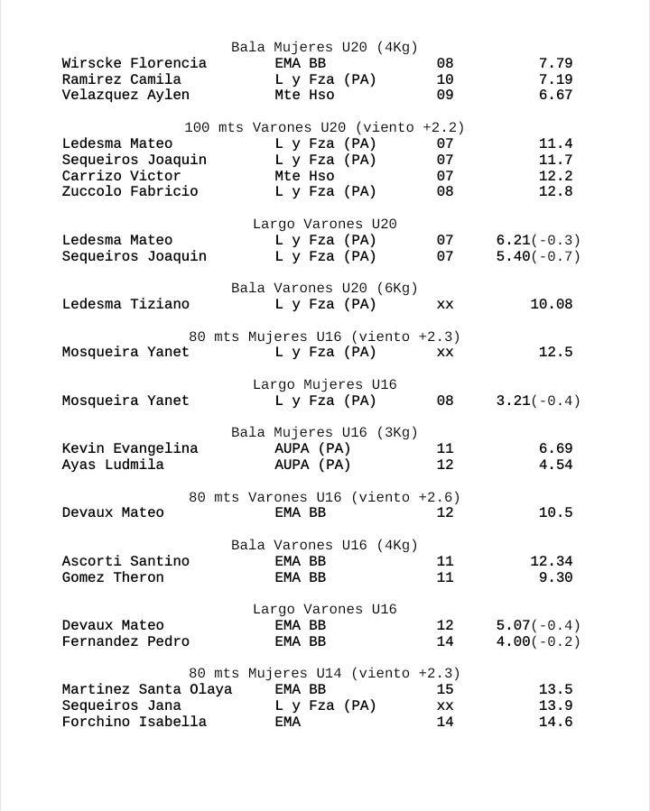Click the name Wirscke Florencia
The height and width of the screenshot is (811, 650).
click(x=134, y=63)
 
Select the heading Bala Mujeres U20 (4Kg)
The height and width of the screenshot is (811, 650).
click(x=324, y=47)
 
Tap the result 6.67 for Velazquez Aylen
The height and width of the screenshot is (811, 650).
click(x=555, y=95)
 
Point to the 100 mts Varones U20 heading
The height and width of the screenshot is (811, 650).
click(x=324, y=127)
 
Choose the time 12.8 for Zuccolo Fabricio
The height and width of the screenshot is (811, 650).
click(x=555, y=191)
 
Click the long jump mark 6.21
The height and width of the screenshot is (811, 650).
click(x=513, y=240)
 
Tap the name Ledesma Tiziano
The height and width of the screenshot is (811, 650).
click(x=125, y=304)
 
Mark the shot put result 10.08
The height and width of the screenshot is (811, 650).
click(x=551, y=304)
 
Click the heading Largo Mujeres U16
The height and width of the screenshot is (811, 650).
click(x=324, y=384)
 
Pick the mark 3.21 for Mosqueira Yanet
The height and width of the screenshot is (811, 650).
click(x=513, y=401)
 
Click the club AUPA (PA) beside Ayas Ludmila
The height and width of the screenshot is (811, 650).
click(x=312, y=465)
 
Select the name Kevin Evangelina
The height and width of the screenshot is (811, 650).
click(x=129, y=448)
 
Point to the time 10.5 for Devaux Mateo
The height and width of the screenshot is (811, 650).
click(x=555, y=512)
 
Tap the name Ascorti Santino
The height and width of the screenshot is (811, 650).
click(x=125, y=561)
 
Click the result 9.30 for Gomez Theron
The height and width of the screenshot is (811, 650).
click(x=555, y=577)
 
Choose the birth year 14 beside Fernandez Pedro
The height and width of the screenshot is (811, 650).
click(x=444, y=641)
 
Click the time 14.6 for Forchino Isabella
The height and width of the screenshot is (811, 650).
click(x=555, y=722)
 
